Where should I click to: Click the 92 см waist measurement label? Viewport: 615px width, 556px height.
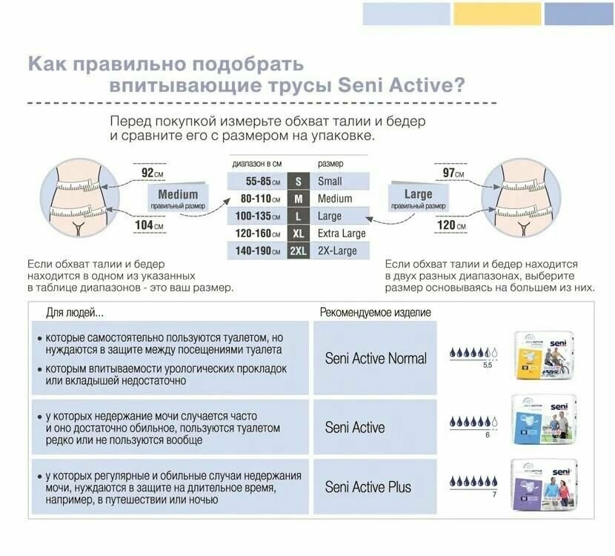pos(152,173)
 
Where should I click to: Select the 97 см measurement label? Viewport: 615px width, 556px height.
pos(453,173)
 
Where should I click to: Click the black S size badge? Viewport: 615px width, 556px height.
pos(298,182)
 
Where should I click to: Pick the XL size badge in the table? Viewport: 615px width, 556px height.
pos(298,234)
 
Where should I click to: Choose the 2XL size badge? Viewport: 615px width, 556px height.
pos(298,251)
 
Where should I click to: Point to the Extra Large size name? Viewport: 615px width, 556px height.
pos(342,234)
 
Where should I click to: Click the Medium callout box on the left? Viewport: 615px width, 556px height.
pos(178,199)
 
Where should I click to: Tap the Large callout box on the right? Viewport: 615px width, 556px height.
pos(418,199)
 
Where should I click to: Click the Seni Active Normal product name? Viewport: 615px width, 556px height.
pos(376,359)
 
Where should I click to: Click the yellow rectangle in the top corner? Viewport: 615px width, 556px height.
pos(497,13)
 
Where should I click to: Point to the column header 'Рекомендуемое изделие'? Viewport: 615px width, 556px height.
pos(375,313)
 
